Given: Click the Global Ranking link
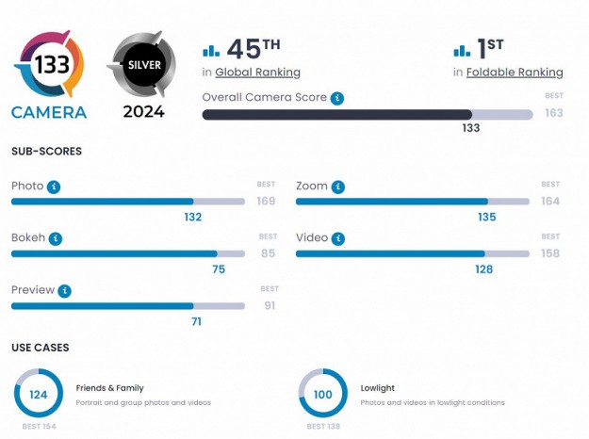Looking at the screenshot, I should (257, 73).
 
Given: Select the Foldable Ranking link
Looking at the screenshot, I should (515, 73).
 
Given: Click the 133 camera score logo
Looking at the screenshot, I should (48, 65).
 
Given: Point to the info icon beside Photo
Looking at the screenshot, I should (54, 187).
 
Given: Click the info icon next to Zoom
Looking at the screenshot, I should (337, 187).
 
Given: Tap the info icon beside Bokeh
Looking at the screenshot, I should (56, 238).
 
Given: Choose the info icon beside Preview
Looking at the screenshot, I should (64, 291).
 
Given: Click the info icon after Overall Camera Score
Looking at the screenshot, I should (337, 98).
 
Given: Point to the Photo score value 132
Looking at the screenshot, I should (193, 217).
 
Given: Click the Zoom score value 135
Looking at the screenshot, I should (486, 217).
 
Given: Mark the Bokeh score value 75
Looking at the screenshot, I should (218, 268).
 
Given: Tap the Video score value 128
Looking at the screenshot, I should (484, 268).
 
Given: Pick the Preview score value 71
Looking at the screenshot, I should (195, 321).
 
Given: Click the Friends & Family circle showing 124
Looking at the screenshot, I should (39, 394).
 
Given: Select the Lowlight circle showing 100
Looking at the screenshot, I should (323, 394).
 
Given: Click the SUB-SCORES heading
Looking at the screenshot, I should (46, 151).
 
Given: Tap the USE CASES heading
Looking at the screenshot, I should (40, 348).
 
